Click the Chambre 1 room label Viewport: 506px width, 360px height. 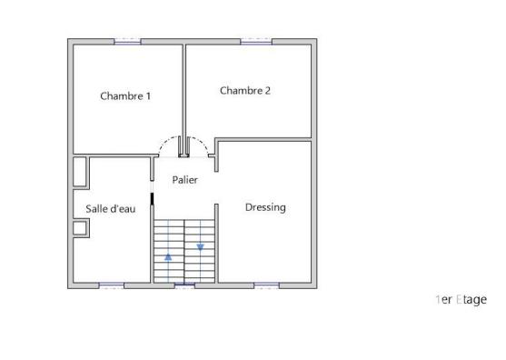[125, 95]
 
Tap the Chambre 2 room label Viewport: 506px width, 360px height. [245, 90]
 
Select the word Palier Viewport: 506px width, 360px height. [185, 180]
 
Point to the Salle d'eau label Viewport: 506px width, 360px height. [111, 209]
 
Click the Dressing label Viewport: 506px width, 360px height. [265, 207]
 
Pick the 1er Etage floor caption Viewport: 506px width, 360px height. [461, 299]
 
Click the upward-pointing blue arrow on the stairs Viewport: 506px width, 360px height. [168, 256]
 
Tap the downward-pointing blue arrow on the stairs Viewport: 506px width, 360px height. [200, 246]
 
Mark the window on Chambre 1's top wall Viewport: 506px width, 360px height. [127, 41]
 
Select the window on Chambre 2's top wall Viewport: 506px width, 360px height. [254, 41]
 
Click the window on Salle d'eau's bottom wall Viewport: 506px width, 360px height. [112, 286]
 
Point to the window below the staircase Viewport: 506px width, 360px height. [184, 286]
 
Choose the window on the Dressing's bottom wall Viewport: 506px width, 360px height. [265, 286]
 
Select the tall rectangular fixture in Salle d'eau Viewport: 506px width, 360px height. [80, 174]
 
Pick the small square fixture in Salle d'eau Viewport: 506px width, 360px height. [80, 227]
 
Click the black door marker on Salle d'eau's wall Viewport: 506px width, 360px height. [152, 197]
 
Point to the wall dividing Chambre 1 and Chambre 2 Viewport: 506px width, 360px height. [184, 91]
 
